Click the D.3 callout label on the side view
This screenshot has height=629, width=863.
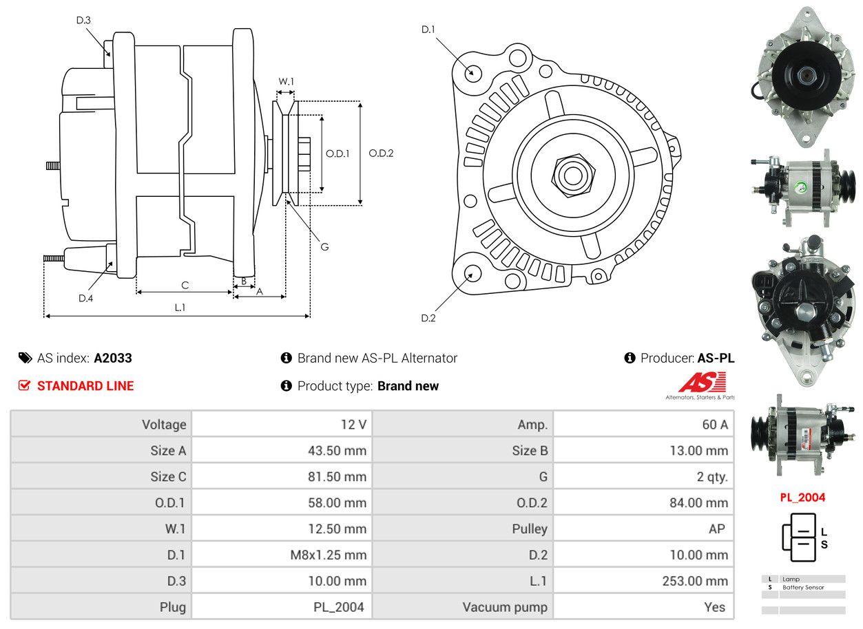coord(83,21)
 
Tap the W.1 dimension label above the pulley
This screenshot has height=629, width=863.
coord(286,81)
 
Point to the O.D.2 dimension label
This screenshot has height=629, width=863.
coord(381,153)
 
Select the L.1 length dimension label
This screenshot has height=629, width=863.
coord(179,308)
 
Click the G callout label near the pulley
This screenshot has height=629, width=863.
coord(324,246)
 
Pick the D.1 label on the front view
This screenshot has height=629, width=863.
coord(428,30)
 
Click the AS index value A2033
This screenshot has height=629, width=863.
coord(113,358)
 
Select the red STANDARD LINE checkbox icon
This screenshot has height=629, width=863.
coord(24,386)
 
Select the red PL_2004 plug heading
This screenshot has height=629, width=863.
coord(802,497)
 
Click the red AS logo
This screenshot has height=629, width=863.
coord(703,382)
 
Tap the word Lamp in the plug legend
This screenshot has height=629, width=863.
coord(790,579)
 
